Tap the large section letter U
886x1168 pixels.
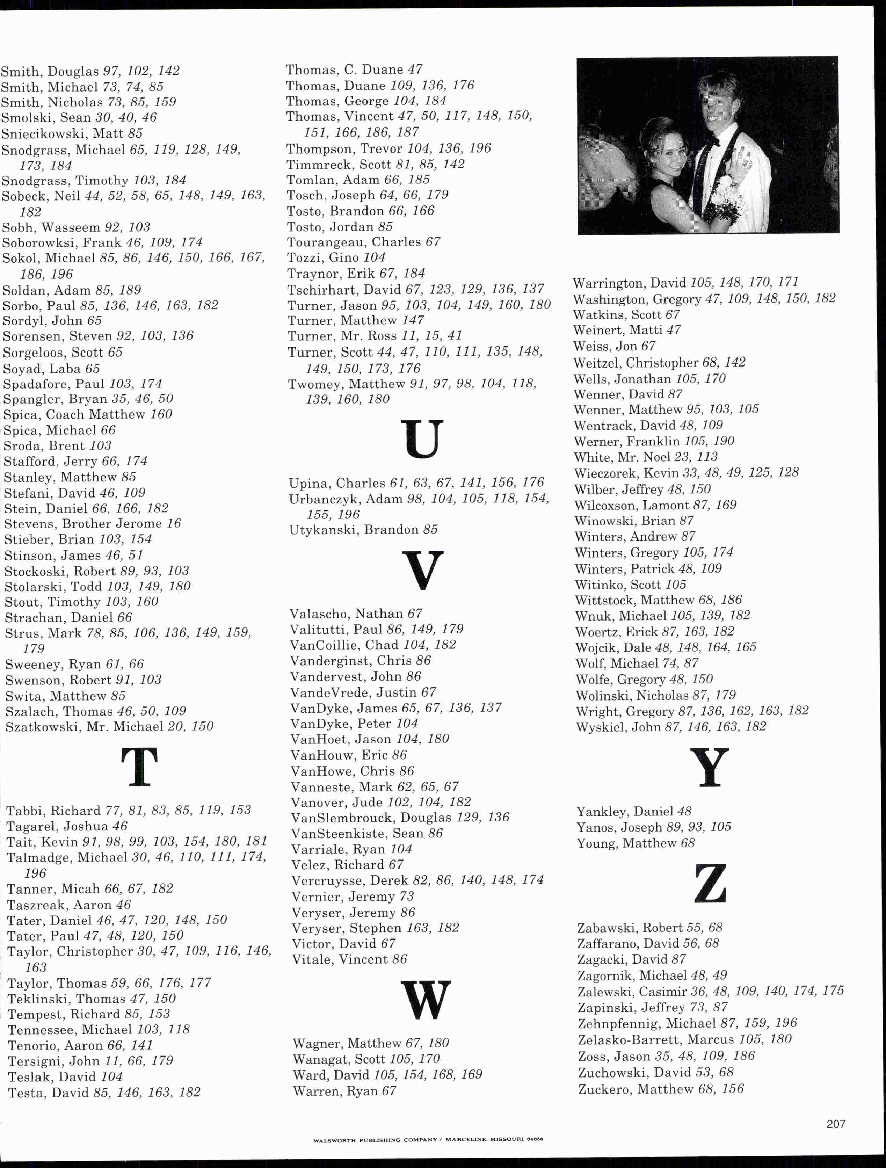pyautogui.click(x=422, y=439)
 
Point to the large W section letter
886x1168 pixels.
pyautogui.click(x=426, y=1000)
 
